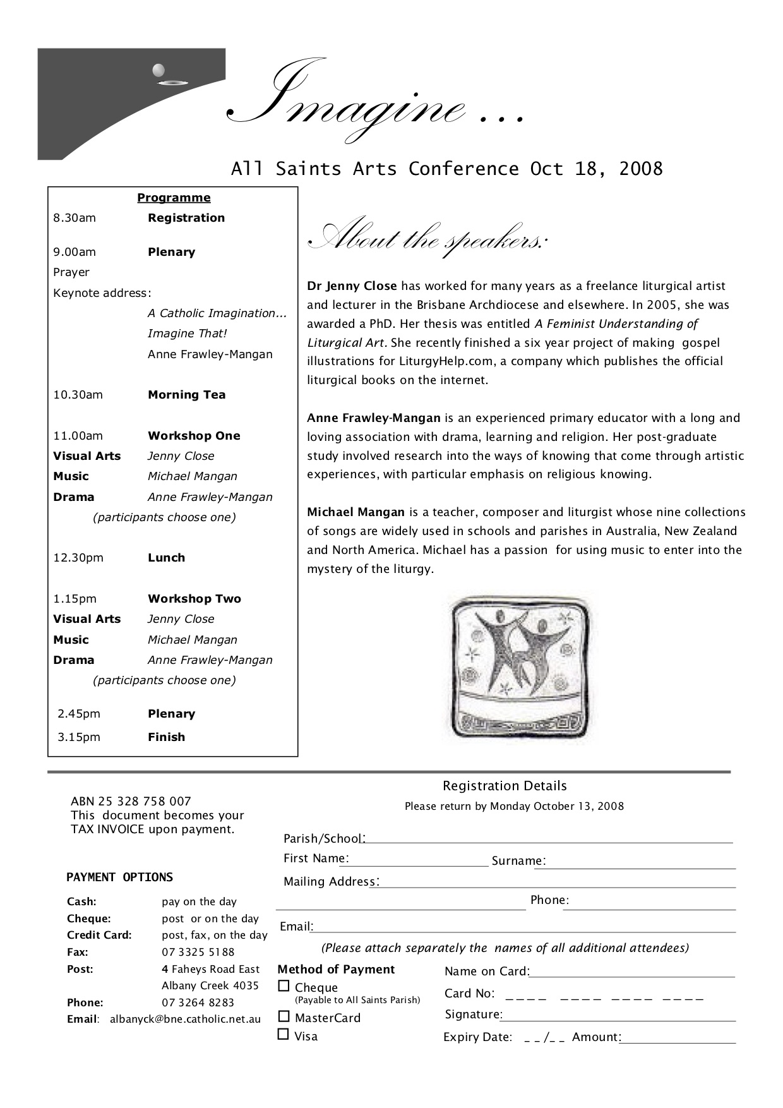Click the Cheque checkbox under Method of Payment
284,985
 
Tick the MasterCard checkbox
284,1016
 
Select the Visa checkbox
284,1034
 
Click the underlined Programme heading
174,198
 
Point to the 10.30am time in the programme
78,395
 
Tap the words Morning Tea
186,395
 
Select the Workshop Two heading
194,599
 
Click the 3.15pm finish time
79,737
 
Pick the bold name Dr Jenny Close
352,286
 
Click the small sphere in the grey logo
158,69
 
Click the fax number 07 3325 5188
198,952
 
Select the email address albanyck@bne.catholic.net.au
185,1019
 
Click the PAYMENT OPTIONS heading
119,877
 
